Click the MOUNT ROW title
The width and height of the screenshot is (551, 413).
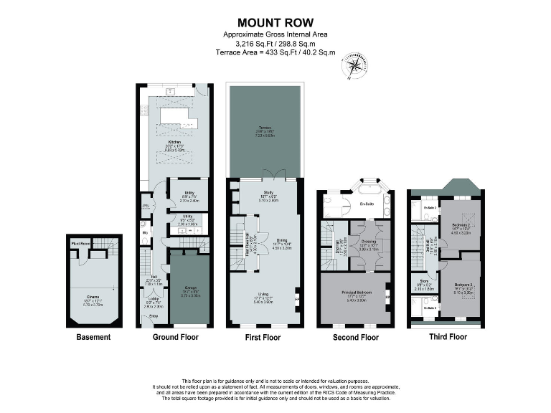[x=275, y=24]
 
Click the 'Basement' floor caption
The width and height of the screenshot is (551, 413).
[x=93, y=337]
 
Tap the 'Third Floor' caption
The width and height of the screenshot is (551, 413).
[x=448, y=337]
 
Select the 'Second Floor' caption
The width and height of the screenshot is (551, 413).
[x=357, y=337]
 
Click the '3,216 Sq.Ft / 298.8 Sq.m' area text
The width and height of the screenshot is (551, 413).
[x=275, y=44]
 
